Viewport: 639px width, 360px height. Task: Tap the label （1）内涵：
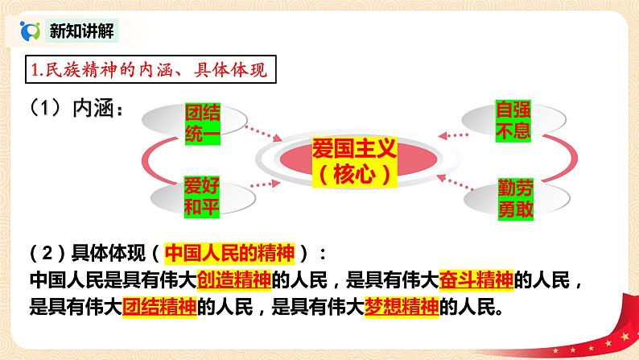coord(73,110)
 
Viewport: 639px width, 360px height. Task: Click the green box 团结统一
coord(202,119)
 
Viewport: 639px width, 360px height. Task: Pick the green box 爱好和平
coord(202,193)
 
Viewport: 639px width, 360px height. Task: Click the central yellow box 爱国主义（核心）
coord(354,159)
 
